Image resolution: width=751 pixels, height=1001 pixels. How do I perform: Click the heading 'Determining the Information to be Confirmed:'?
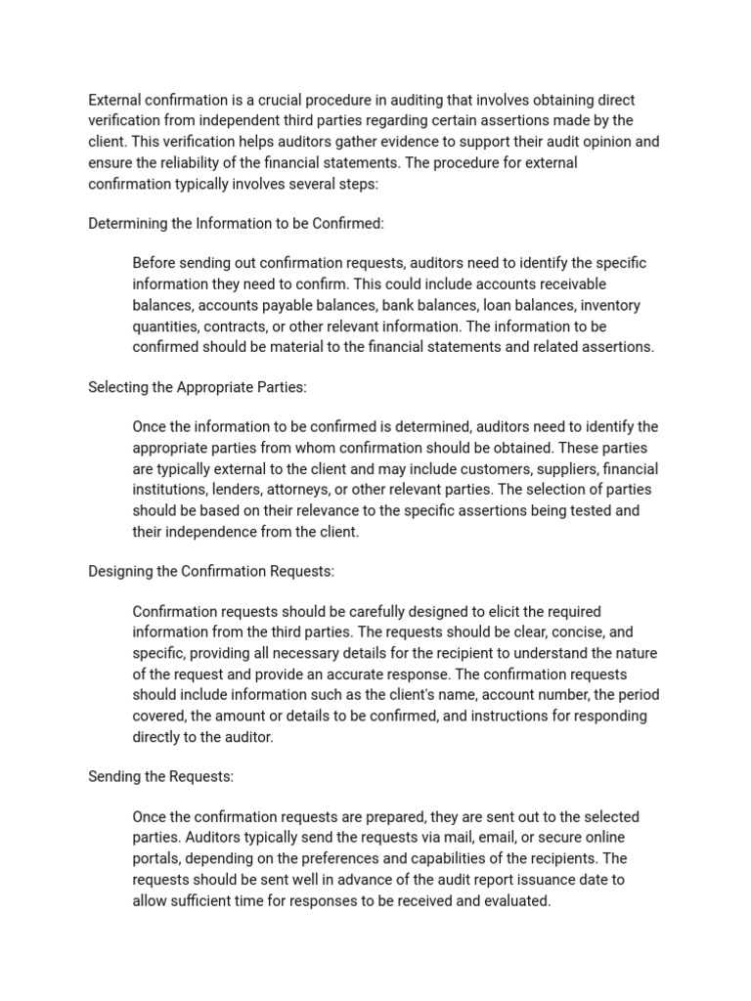pyautogui.click(x=236, y=224)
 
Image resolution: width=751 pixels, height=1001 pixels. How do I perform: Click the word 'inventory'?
pyautogui.click(x=610, y=305)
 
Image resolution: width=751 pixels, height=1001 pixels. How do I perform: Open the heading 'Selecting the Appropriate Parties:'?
pyautogui.click(x=197, y=387)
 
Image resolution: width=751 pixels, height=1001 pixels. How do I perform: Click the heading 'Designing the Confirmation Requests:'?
pyautogui.click(x=211, y=571)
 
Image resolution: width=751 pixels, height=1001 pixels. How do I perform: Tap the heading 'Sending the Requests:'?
pyautogui.click(x=160, y=776)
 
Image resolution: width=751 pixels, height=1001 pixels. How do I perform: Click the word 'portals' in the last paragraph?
pyautogui.click(x=156, y=858)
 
